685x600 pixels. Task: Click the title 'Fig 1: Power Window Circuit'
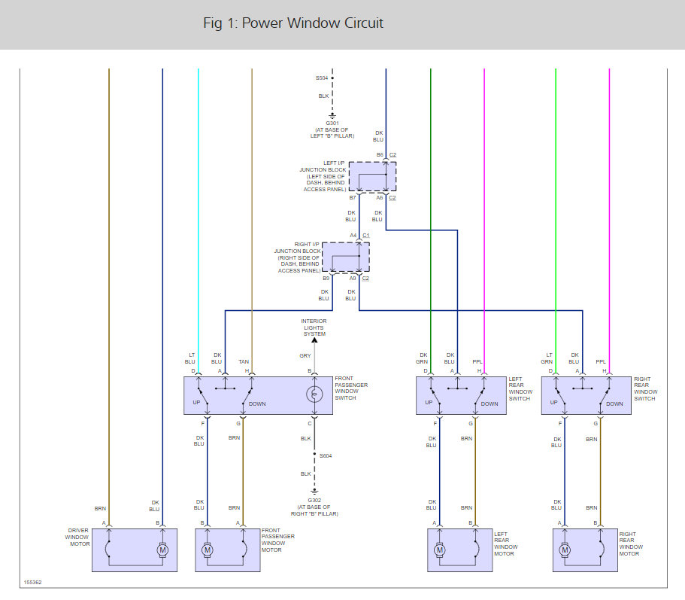point(293,23)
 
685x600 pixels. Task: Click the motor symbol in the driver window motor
point(162,550)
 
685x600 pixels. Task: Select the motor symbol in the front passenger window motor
point(208,550)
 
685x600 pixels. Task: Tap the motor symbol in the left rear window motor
point(440,550)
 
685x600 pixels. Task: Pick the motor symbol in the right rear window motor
point(565,550)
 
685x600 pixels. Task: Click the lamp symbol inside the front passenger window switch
point(314,394)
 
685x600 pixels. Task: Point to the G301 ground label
point(332,123)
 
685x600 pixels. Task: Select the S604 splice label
point(326,456)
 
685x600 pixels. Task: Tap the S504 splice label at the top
point(322,78)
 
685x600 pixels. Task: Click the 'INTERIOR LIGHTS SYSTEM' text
point(314,327)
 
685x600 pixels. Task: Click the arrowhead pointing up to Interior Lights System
point(314,341)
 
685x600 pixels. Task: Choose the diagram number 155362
point(32,582)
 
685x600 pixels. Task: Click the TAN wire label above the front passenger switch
point(244,361)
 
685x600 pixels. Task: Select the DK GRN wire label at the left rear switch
point(423,358)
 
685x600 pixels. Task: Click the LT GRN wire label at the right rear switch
point(548,358)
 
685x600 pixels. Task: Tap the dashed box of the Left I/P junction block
point(371,177)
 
